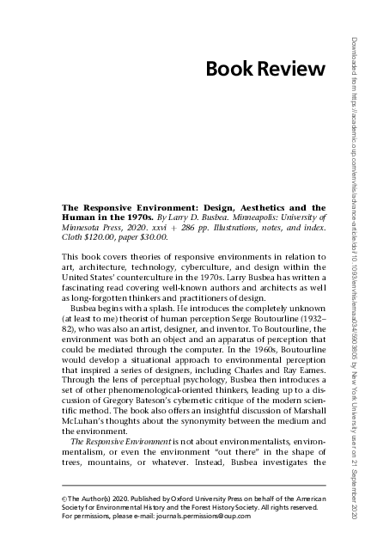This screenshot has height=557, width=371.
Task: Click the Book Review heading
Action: point(265,69)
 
